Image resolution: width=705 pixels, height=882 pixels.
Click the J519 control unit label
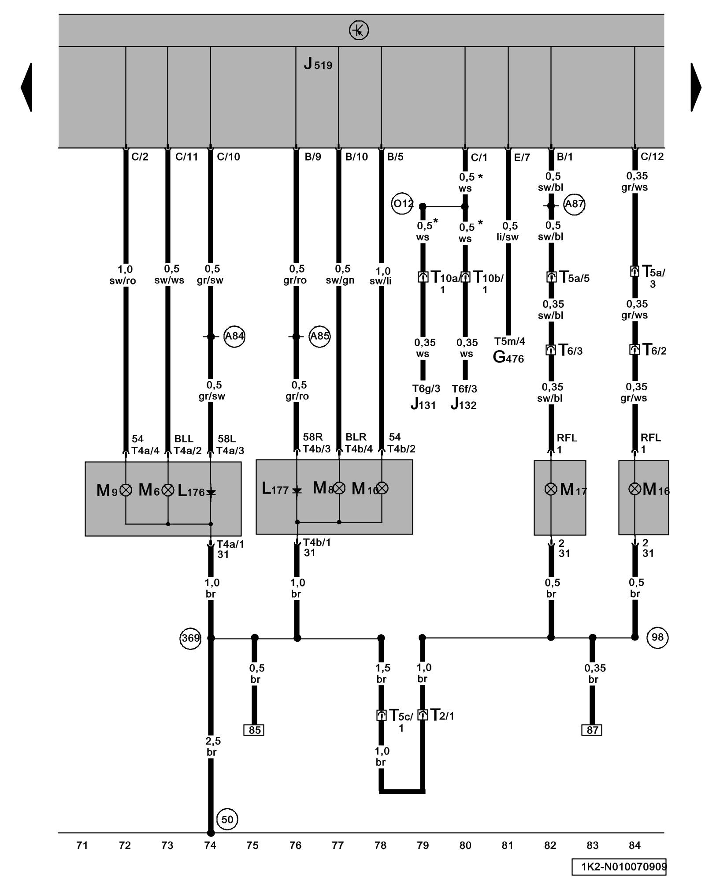(318, 64)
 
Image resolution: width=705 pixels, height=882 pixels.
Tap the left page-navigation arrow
(26, 87)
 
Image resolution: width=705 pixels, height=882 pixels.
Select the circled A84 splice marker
(234, 336)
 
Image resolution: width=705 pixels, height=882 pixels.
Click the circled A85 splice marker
(319, 336)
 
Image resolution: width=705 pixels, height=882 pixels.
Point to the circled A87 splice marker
(574, 204)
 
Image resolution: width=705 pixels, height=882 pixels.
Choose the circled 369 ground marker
(190, 638)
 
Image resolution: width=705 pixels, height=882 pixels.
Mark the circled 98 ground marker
(657, 637)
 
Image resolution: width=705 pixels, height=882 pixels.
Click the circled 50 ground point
(227, 819)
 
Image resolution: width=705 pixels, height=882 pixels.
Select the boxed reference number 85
(254, 730)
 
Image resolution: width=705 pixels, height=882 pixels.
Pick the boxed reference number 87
(592, 730)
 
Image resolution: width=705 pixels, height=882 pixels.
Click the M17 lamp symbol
(551, 489)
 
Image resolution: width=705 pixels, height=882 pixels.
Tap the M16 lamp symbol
(634, 489)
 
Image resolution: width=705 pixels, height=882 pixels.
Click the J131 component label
(423, 404)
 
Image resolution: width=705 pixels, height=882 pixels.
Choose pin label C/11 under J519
(186, 157)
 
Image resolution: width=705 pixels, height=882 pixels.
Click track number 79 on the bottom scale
(423, 845)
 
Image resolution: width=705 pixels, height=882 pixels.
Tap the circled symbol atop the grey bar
(359, 30)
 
